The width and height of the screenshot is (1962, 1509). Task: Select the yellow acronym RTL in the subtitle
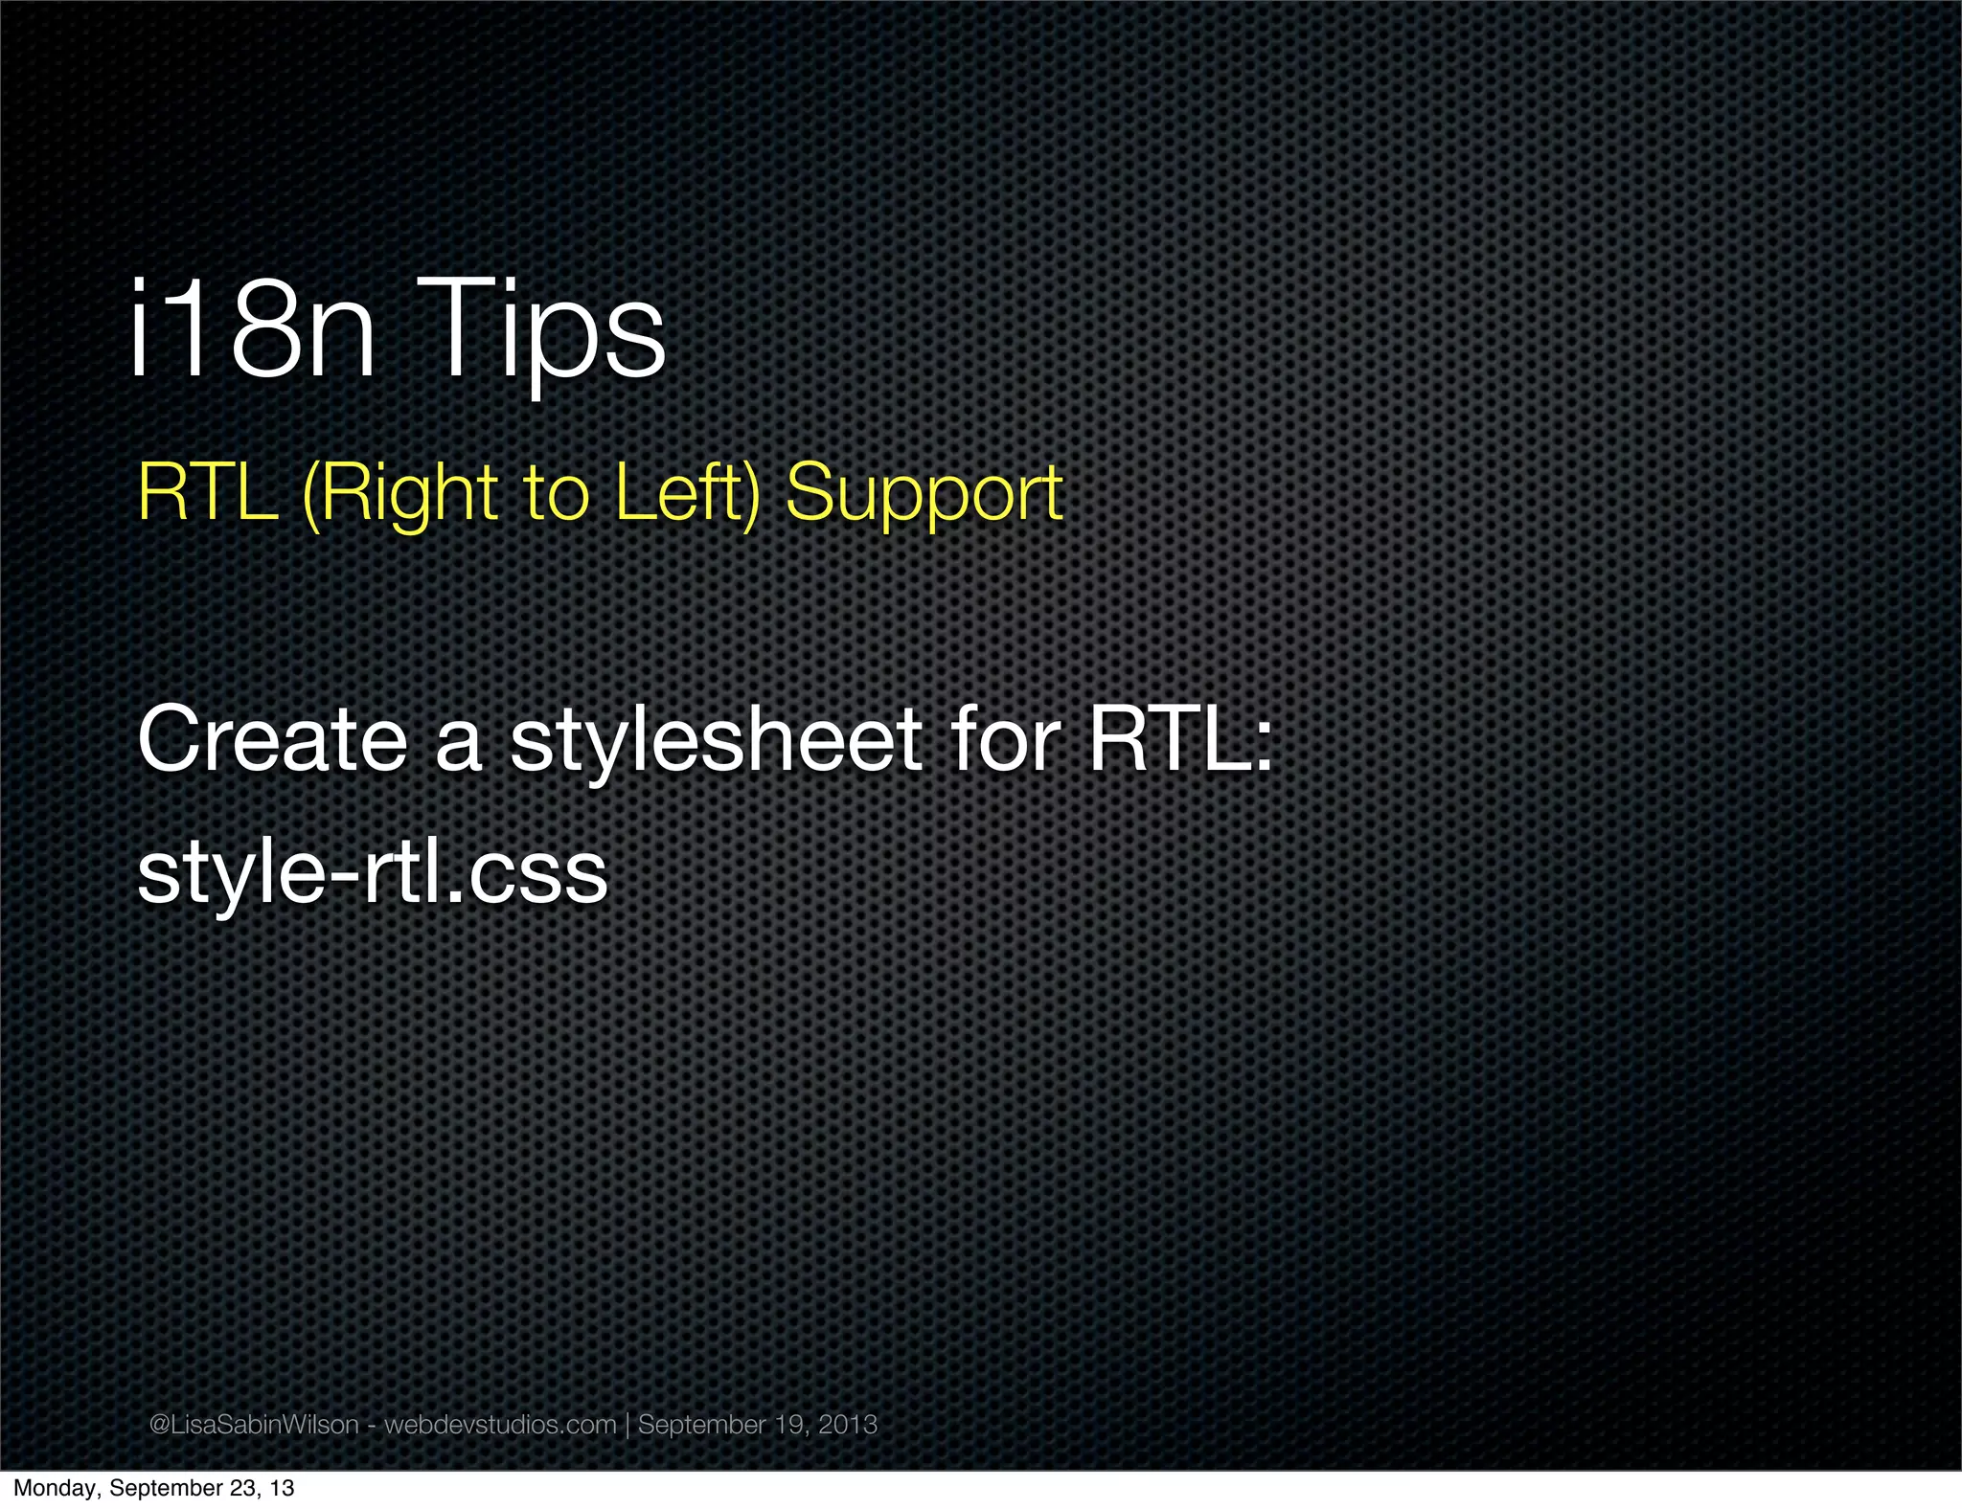pyautogui.click(x=207, y=492)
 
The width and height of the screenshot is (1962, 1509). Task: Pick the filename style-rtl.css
pyautogui.click(x=373, y=872)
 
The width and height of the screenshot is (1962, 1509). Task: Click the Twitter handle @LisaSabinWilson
pyautogui.click(x=254, y=1424)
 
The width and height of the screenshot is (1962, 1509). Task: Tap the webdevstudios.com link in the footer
pyautogui.click(x=500, y=1424)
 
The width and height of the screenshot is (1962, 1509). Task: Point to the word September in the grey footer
pyautogui.click(x=702, y=1425)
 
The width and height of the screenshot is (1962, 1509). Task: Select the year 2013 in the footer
pyautogui.click(x=848, y=1424)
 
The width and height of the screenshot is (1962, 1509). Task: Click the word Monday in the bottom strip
pyautogui.click(x=57, y=1488)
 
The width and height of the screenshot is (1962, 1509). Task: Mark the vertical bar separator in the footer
pyautogui.click(x=627, y=1424)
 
